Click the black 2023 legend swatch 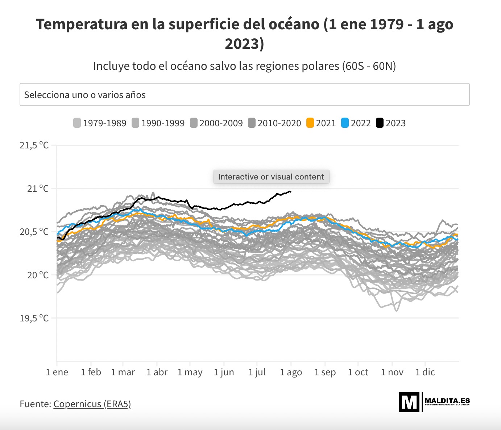(380, 123)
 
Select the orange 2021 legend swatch (310, 123)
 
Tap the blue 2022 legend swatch (345, 123)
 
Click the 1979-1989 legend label (104, 123)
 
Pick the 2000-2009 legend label (221, 123)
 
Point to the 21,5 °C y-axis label (34, 146)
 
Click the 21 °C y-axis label (38, 189)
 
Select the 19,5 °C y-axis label (34, 319)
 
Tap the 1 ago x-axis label (291, 372)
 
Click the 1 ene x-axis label (57, 372)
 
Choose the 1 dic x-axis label (425, 372)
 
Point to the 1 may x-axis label (190, 372)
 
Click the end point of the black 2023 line (290, 191)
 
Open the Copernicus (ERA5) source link (92, 404)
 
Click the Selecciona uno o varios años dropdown (244, 95)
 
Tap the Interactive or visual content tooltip (271, 177)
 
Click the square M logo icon (409, 402)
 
